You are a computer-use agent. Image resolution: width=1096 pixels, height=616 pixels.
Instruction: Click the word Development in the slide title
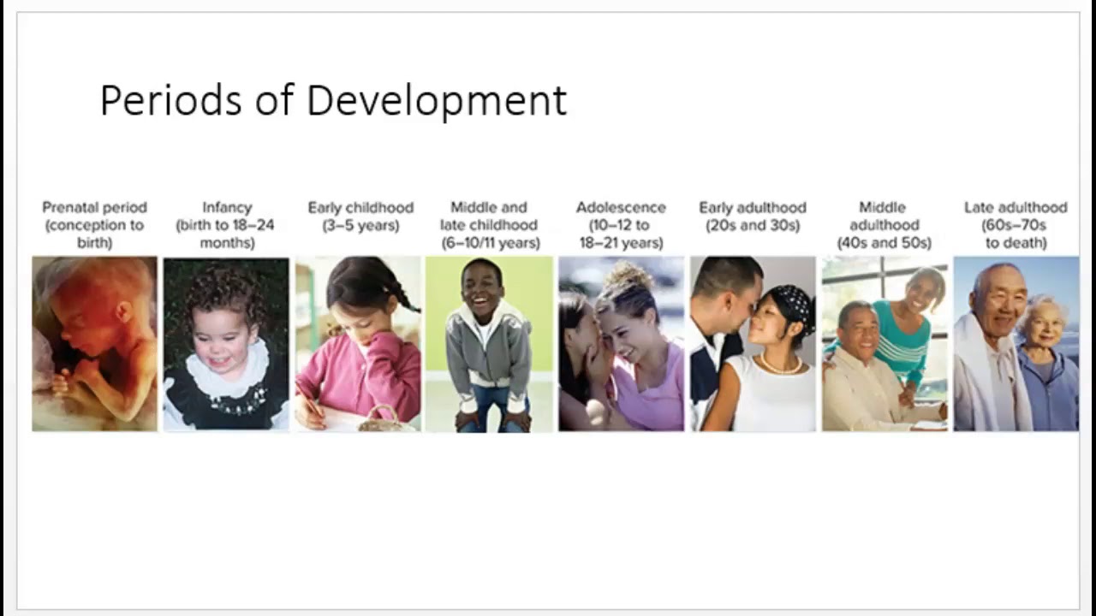pyautogui.click(x=436, y=102)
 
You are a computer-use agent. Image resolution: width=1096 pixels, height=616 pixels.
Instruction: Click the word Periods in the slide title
pyautogui.click(x=171, y=100)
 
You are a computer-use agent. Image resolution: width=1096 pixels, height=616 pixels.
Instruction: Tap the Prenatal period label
pyautogui.click(x=94, y=207)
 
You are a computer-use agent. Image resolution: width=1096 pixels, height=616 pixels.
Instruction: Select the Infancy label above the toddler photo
pyautogui.click(x=227, y=207)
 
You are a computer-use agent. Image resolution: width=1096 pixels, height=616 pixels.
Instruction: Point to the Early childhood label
pyautogui.click(x=360, y=207)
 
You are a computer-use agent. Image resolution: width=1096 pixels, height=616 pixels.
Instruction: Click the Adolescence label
pyautogui.click(x=621, y=207)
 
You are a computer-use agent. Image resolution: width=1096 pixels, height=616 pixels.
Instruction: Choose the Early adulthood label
pyautogui.click(x=753, y=207)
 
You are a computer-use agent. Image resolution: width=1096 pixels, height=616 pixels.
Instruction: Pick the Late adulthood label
pyautogui.click(x=1016, y=207)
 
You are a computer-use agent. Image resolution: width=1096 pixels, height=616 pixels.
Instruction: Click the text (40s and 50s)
pyautogui.click(x=884, y=243)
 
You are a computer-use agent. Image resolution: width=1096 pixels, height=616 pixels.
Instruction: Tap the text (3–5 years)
pyautogui.click(x=360, y=226)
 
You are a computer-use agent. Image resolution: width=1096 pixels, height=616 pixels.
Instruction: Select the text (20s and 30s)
pyautogui.click(x=753, y=226)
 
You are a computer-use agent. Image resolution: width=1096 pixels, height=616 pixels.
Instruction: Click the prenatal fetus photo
pyautogui.click(x=94, y=343)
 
